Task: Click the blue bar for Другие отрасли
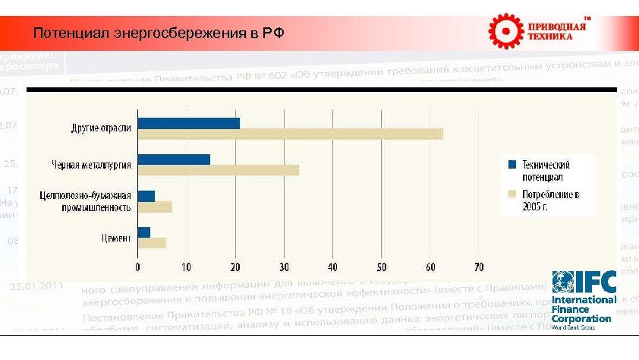188,123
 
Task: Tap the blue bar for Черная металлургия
174,159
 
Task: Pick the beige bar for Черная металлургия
218,170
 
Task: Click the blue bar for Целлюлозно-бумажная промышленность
146,196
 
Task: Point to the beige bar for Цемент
152,243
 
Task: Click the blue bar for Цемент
144,232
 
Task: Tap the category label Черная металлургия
92,164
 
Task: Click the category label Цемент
115,237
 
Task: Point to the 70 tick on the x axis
478,267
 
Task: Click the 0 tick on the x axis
137,267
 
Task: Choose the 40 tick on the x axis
332,267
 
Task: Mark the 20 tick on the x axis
235,267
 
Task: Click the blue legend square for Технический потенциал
512,164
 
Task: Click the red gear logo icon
505,30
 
